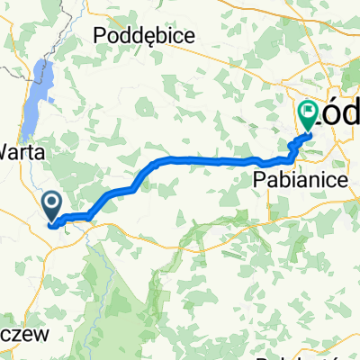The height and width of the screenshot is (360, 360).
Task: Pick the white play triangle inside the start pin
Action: point(53,204)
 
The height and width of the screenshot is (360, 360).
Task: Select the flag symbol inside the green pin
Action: point(309,112)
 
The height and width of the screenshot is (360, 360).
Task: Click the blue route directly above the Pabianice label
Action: point(270,163)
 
